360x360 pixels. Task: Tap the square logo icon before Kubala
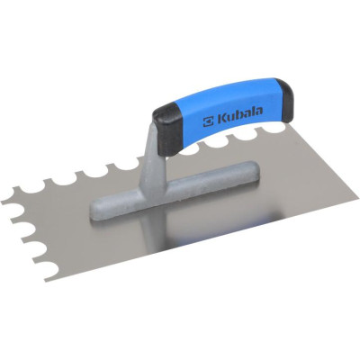(208, 121)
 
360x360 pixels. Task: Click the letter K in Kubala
(221, 119)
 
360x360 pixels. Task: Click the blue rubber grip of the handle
(228, 117)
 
